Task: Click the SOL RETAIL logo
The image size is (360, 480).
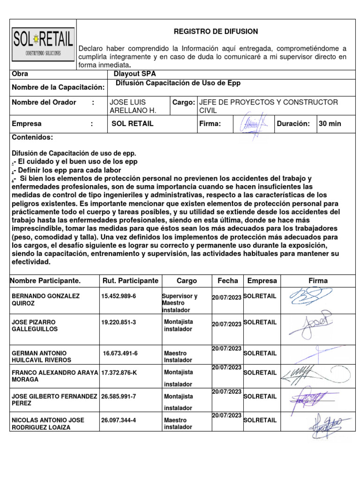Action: (43, 44)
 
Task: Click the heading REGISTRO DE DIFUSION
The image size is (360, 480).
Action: (216, 31)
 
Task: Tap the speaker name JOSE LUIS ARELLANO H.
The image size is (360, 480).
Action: (133, 106)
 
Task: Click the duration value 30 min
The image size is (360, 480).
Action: (330, 124)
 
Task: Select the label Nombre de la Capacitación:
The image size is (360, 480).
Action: (58, 87)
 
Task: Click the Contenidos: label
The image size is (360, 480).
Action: (32, 137)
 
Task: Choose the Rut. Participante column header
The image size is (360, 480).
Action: (130, 281)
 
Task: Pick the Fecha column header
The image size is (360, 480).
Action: (228, 281)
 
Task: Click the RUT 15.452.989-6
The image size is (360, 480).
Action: (119, 296)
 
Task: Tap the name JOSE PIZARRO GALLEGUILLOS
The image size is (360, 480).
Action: (34, 326)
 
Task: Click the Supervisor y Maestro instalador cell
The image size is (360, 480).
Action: (179, 303)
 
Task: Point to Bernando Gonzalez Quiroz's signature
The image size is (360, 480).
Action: (311, 299)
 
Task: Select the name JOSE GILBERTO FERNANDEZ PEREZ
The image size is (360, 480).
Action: (54, 400)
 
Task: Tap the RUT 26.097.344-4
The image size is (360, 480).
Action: (119, 420)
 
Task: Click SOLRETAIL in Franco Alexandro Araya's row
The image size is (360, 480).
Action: (260, 373)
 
